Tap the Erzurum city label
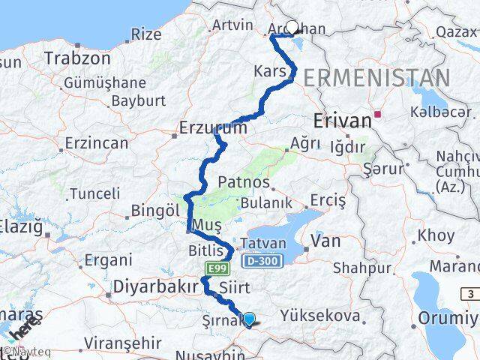[213, 129]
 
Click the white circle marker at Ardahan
[292, 27]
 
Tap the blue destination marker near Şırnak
[249, 319]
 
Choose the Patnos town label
[244, 182]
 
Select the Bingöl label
[155, 211]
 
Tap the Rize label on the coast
[145, 34]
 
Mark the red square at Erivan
[378, 115]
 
